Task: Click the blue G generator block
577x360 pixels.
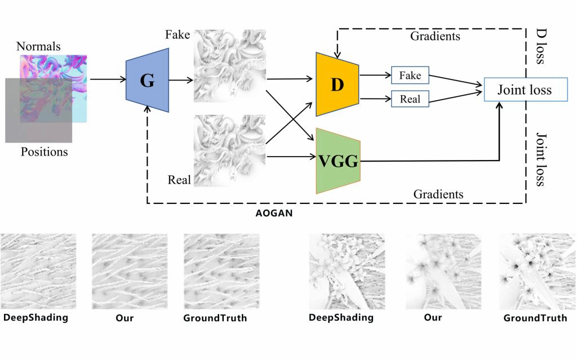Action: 147,81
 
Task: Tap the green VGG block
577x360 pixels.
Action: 338,161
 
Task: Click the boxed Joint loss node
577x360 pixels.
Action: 525,90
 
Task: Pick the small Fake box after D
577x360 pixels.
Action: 410,74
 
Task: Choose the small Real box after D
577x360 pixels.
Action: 410,99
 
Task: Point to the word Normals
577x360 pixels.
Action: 38,46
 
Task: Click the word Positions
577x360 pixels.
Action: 44,152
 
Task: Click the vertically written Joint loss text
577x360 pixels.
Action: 540,159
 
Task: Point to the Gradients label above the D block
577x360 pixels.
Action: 434,37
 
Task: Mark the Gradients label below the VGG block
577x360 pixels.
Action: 438,194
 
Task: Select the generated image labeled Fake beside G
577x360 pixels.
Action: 229,66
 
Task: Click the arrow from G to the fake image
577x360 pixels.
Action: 180,80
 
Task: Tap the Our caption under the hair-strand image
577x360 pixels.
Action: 124,318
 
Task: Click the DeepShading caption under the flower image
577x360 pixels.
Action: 341,318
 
